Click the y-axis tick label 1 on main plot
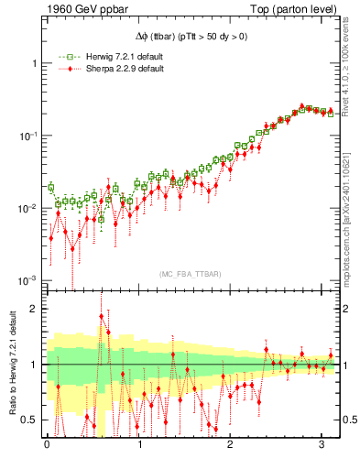pyautogui.click(x=35, y=63)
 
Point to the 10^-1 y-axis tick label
pyautogui.click(x=29, y=135)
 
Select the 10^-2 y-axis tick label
pyautogui.click(x=29, y=208)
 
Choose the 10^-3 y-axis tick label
pyautogui.click(x=29, y=280)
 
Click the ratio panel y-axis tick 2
pyautogui.click(x=35, y=310)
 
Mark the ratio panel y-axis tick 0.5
pyautogui.click(x=30, y=420)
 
